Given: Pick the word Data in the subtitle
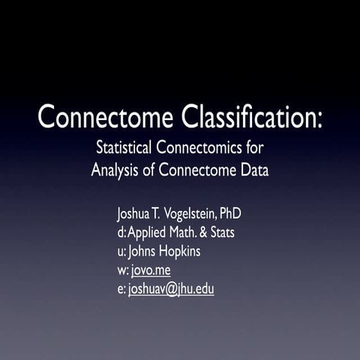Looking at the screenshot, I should [x=254, y=169].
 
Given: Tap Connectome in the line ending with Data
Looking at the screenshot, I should [x=195, y=169].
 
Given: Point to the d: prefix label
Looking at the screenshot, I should [x=121, y=232].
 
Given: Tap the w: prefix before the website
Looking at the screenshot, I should [x=123, y=270].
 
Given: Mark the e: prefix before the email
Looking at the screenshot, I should [x=121, y=289].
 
